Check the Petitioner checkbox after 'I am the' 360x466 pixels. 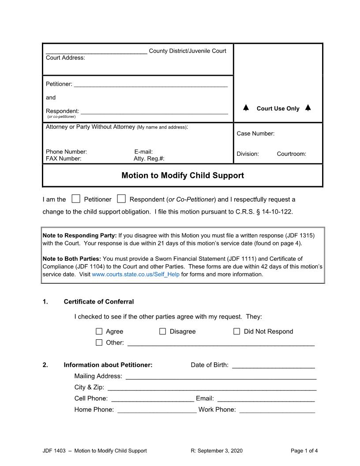coord(76,199)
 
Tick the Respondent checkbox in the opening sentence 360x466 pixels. coord(121,199)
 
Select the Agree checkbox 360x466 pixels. coord(99,331)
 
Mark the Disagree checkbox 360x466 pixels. coord(163,331)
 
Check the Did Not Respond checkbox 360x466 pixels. coord(237,331)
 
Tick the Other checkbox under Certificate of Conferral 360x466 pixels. coord(99,342)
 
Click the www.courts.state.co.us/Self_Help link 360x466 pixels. coord(135,274)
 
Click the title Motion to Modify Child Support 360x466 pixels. coord(183,175)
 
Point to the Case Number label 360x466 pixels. coord(255,133)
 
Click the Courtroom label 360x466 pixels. coord(291,154)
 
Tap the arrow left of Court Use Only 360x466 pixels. coord(246,108)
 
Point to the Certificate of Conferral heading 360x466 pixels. coord(99,302)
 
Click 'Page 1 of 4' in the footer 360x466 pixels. coord(304,451)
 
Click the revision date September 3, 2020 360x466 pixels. coord(216,451)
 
